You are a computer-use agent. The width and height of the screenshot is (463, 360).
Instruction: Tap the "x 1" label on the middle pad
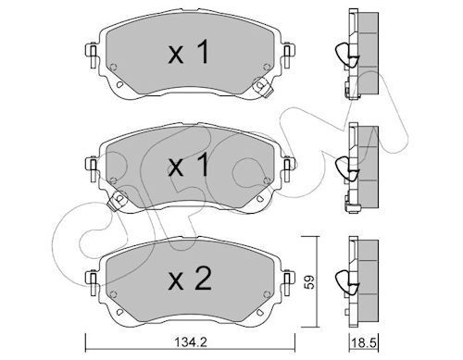click(x=188, y=166)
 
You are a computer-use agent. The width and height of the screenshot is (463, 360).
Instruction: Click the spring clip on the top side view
click(x=346, y=56)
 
